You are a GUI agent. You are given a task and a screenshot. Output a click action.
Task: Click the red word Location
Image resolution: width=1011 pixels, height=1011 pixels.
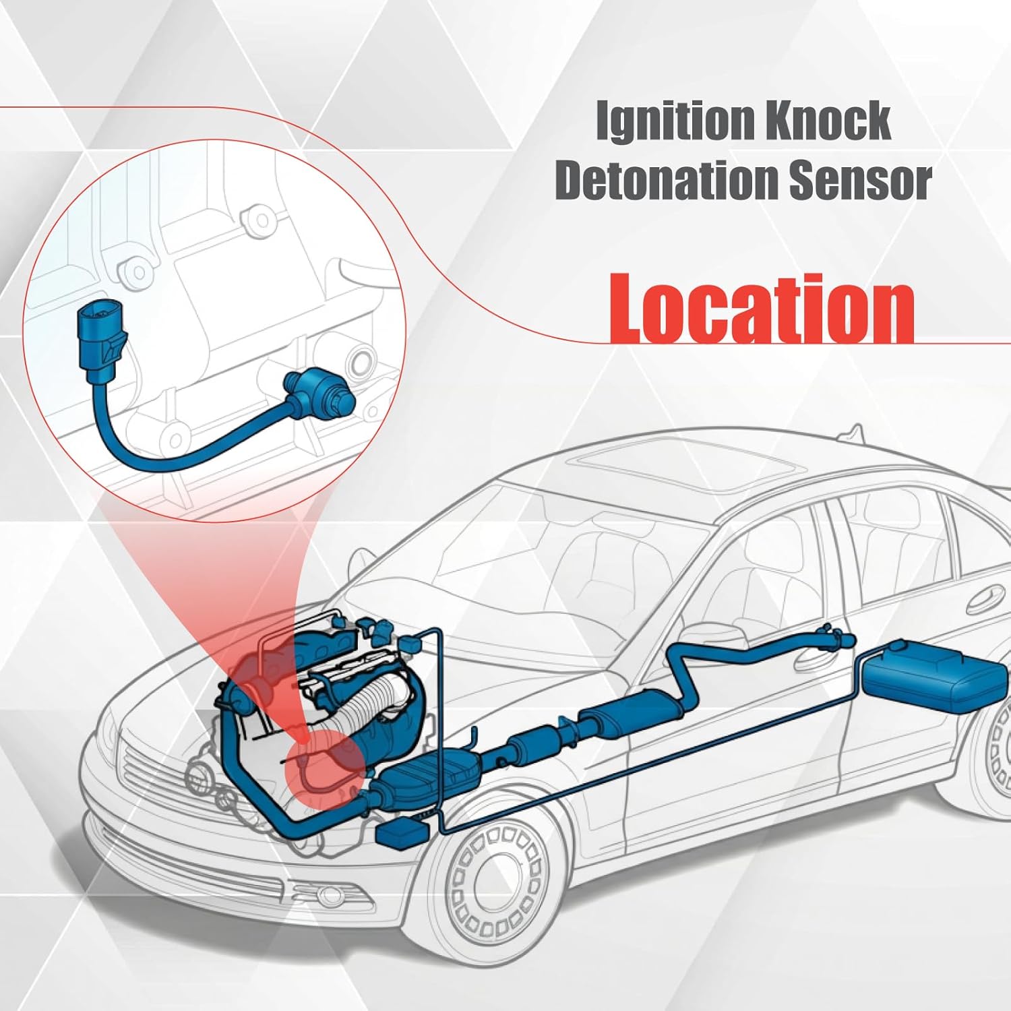pyautogui.click(x=761, y=309)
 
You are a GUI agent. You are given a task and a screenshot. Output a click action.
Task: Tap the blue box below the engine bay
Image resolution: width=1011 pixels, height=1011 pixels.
pyautogui.click(x=402, y=834)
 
